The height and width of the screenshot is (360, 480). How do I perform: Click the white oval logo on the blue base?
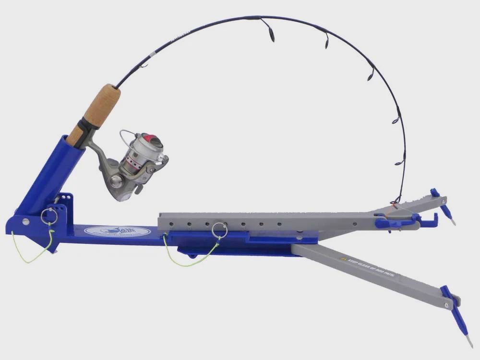(117, 231)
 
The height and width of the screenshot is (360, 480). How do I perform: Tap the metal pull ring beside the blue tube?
(49, 216)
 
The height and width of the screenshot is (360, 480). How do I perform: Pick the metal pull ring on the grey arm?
(219, 229)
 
